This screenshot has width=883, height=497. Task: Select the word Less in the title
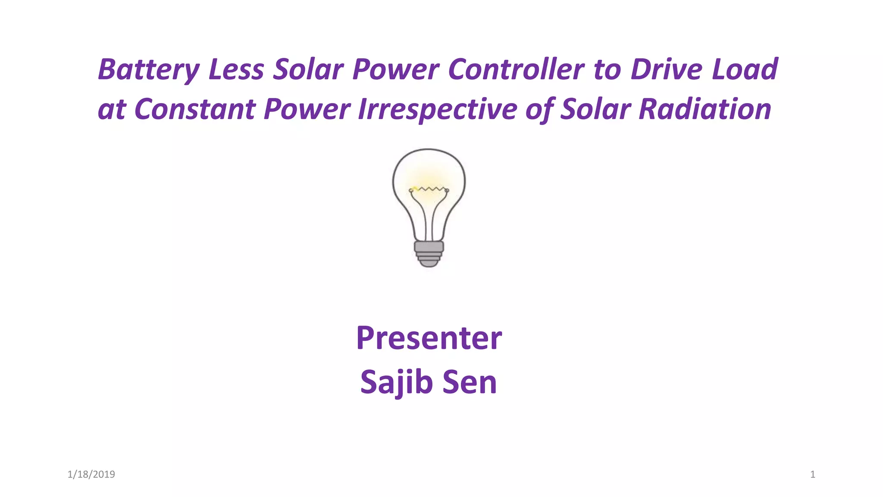[236, 70]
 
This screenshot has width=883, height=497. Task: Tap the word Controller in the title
[516, 70]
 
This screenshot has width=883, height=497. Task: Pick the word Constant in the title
[195, 109]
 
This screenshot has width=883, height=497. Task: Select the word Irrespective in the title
[437, 109]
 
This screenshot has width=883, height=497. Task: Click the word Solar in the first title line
[308, 70]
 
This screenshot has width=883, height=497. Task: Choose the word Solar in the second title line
[595, 109]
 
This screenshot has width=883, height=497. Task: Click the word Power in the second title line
[307, 109]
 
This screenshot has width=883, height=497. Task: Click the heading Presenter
[429, 338]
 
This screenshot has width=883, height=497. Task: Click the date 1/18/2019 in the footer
[91, 475]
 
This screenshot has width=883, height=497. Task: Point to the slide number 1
[812, 475]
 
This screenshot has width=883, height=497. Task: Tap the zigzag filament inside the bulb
[429, 189]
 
